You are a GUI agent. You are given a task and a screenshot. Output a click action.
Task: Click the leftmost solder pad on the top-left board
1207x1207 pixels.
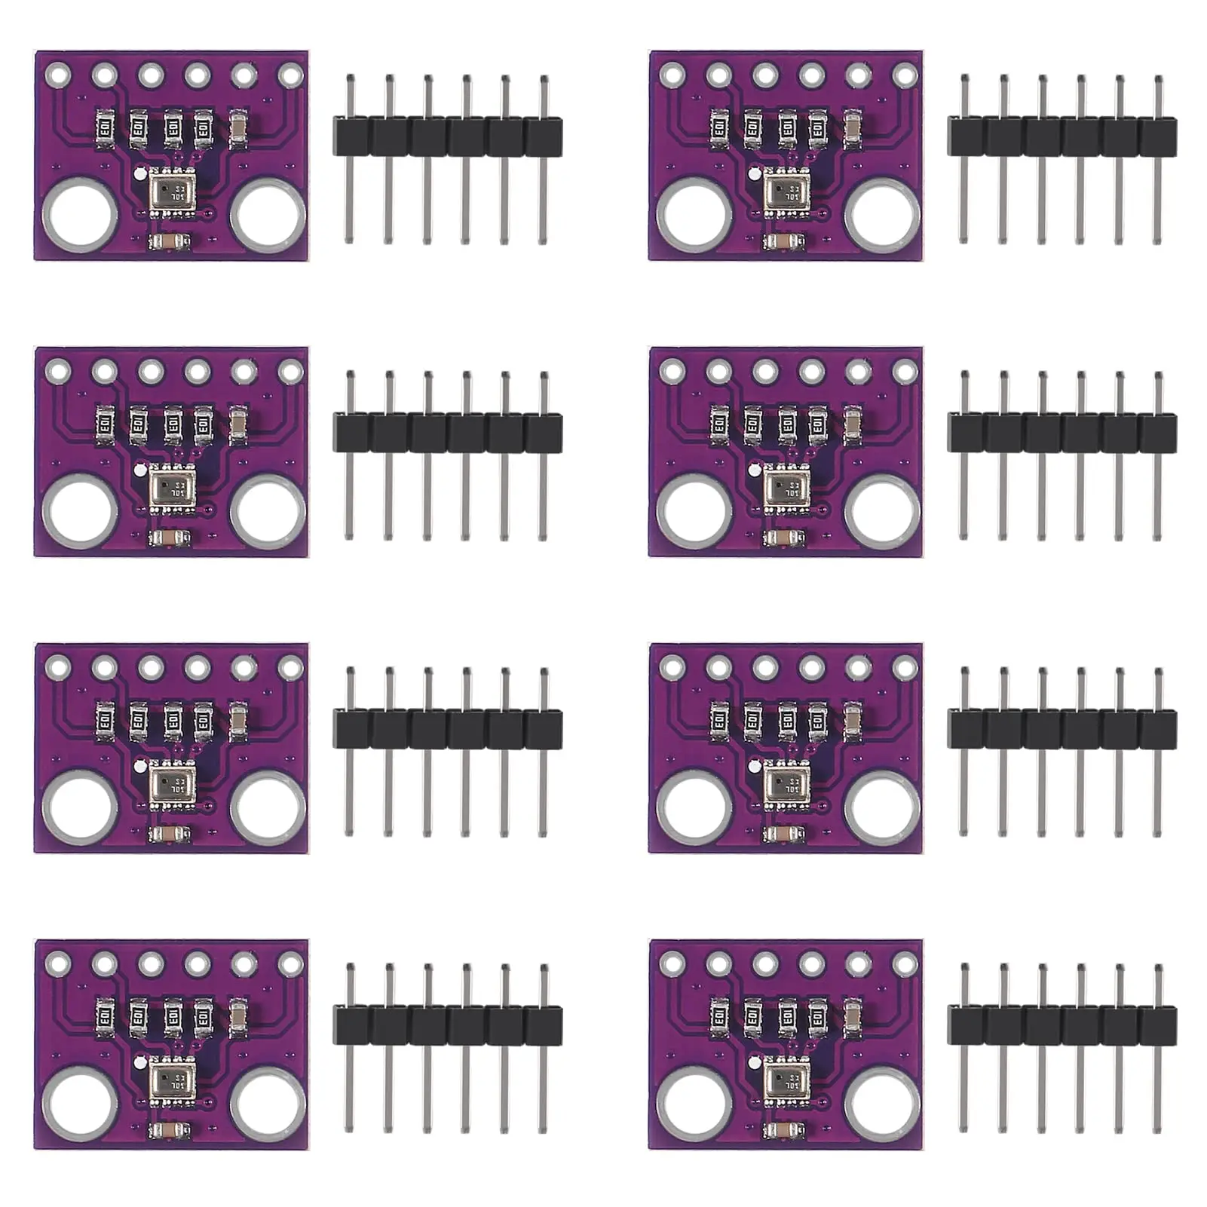coord(57,75)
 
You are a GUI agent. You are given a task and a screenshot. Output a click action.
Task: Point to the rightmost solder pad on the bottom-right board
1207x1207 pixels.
coord(905,963)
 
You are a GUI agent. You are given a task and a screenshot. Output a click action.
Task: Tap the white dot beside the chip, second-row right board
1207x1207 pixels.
coord(753,470)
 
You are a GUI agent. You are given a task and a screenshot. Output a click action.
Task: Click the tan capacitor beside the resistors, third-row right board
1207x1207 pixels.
coord(853,721)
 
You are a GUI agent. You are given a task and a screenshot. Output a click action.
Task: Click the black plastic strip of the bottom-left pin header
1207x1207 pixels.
coord(448,1026)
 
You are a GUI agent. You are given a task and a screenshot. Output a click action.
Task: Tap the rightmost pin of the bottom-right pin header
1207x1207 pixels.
coord(1157,1048)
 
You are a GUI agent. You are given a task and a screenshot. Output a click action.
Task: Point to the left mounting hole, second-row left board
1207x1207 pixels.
coord(79,510)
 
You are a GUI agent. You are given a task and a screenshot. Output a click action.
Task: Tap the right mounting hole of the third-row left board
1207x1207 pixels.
coord(268,807)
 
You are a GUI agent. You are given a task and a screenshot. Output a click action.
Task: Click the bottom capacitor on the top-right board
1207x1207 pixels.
coord(785,242)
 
